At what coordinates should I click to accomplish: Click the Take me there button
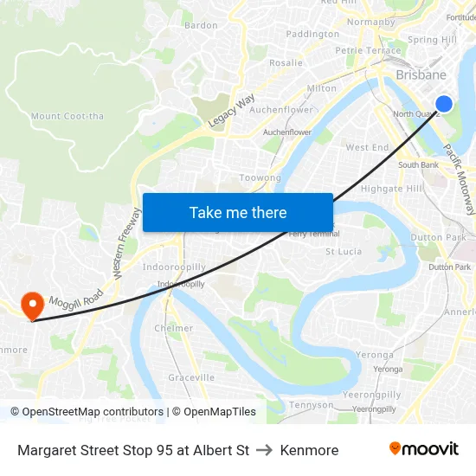point(238,212)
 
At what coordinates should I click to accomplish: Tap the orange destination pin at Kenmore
point(33,305)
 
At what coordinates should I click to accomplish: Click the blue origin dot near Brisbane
point(444,105)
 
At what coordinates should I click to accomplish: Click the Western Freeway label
point(125,243)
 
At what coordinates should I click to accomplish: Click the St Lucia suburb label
point(343,252)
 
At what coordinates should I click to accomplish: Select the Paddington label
point(312,34)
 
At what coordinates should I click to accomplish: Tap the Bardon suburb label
point(201,25)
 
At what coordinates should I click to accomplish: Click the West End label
point(367,147)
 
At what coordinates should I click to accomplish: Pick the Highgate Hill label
point(391,188)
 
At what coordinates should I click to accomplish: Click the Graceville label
point(191,377)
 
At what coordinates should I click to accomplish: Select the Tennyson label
point(311,404)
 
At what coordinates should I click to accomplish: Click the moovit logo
point(423,449)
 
